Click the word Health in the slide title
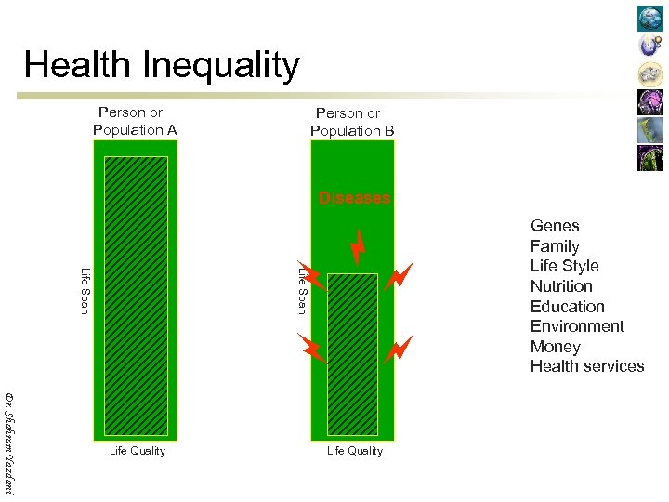78,66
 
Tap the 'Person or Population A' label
134,122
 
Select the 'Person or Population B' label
351,123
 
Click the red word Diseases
354,198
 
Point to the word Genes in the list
555,226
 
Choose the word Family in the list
555,246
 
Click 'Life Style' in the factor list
564,266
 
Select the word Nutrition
561,286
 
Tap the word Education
567,307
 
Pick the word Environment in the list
577,326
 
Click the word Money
555,347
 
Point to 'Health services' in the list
586,366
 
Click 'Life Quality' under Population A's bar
137,451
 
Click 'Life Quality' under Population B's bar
354,451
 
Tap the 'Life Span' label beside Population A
85,290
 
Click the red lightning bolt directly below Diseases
358,245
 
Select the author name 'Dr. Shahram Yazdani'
9,443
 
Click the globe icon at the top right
650,19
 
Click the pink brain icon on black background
650,102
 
